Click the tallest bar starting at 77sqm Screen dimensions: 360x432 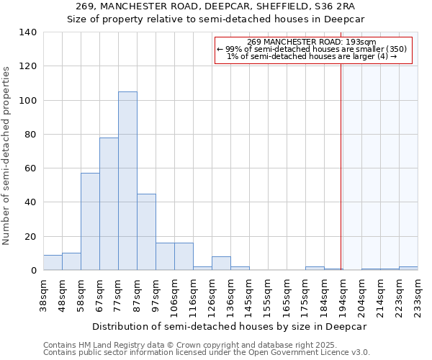127,181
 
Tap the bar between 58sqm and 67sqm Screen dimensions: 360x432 90,222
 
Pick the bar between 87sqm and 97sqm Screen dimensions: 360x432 146,232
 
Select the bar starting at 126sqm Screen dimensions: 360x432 221,264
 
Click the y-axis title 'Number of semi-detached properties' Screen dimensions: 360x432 6,155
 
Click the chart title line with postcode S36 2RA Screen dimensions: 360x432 216,6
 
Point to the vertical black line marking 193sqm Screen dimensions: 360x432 341,166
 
